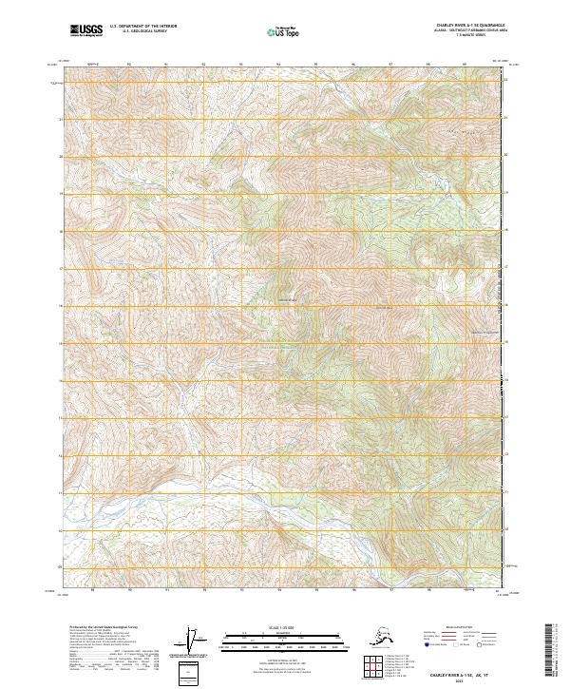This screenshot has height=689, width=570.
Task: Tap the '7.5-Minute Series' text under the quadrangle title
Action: click(x=468, y=37)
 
